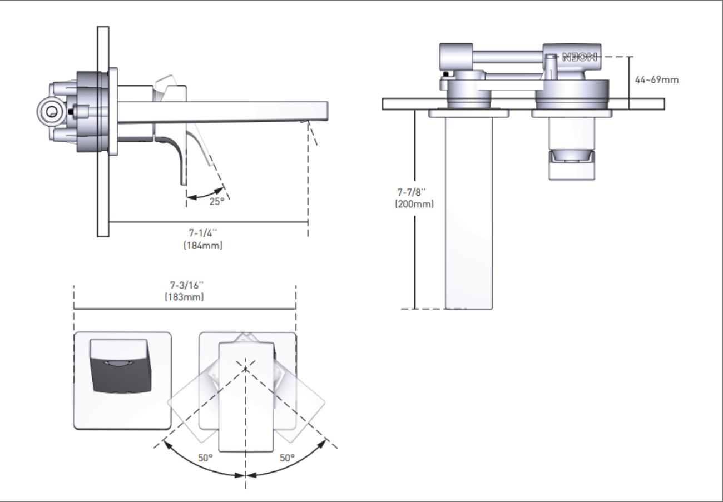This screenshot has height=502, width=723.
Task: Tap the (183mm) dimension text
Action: (x=184, y=297)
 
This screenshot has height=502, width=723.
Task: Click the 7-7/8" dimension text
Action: (x=411, y=192)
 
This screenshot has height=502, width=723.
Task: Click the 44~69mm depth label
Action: (x=656, y=79)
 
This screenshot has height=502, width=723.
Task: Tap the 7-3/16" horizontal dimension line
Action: (x=185, y=309)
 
